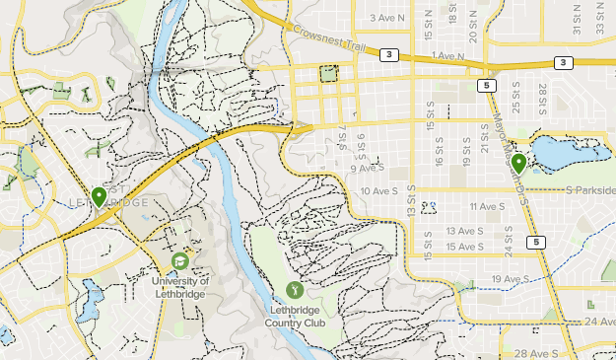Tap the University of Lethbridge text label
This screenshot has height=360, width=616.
[x=180, y=285]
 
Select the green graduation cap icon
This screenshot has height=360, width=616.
[x=180, y=260]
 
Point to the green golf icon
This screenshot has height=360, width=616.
[x=295, y=289]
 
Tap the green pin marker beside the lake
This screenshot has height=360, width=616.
[x=518, y=164]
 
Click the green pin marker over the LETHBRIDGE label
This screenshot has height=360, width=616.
[x=99, y=196]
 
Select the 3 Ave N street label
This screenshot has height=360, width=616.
[x=387, y=18]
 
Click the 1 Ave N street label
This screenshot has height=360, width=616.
[x=446, y=56]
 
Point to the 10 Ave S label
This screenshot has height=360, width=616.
[x=380, y=191]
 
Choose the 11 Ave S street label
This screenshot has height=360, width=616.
[x=486, y=206]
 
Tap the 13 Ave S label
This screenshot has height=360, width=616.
[x=464, y=231]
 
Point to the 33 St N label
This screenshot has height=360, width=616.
[x=599, y=22]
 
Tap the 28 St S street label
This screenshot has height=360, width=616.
[x=542, y=99]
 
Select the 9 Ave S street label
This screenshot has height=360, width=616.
[x=367, y=169]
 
